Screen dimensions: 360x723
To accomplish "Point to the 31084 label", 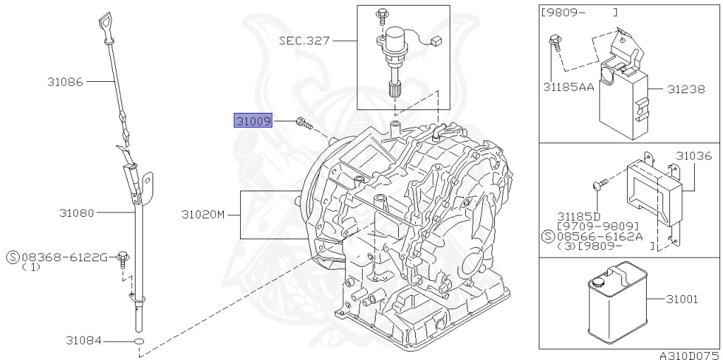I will click(82, 341).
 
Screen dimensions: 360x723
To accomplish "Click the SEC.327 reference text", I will click(304, 41).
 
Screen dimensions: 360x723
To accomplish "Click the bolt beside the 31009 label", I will click(304, 124).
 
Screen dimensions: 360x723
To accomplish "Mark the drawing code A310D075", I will click(689, 355).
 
